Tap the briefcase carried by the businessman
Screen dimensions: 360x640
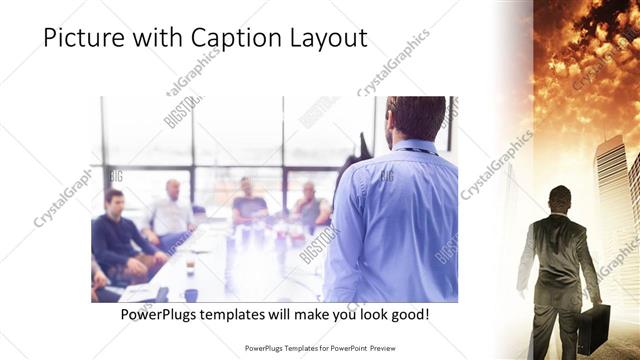[x=593, y=327]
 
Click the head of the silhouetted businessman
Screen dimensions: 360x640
[x=560, y=197]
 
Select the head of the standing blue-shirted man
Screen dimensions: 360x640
[x=415, y=117]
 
